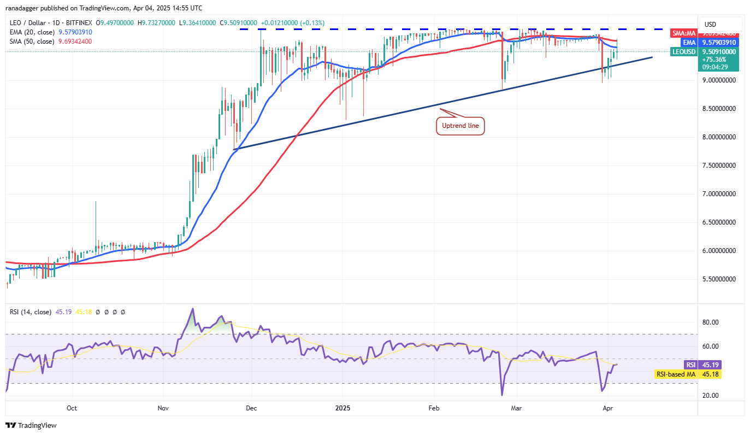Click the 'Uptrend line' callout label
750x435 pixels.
460,126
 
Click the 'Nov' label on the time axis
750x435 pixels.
162,408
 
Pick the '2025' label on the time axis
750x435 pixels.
343,408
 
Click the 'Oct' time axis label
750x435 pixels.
72,408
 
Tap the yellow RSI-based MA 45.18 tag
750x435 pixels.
687,374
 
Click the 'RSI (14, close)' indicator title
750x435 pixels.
31,312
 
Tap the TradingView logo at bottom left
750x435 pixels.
31,425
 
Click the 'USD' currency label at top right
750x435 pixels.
711,25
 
